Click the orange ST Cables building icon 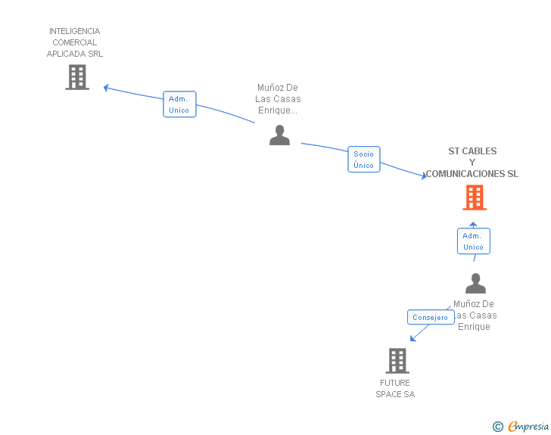tap(475, 197)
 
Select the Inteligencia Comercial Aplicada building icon tap(77, 77)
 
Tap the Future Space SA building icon tap(397, 361)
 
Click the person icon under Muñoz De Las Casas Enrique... tap(280, 135)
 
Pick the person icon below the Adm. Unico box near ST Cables tap(475, 284)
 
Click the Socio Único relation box tap(364, 160)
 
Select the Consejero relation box tap(431, 318)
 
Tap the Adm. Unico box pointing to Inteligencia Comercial tap(179, 104)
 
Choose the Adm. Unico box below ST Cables tap(473, 241)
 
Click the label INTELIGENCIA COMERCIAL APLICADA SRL tap(75, 42)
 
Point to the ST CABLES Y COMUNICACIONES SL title tap(472, 163)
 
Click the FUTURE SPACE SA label tap(395, 388)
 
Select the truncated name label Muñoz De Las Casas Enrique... tap(278, 99)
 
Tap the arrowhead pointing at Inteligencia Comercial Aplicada tap(107, 88)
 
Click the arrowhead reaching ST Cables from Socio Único tap(425, 176)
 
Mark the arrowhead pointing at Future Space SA tap(412, 338)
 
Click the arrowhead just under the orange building tap(473, 223)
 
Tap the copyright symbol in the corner tap(497, 427)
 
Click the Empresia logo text tap(528, 427)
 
